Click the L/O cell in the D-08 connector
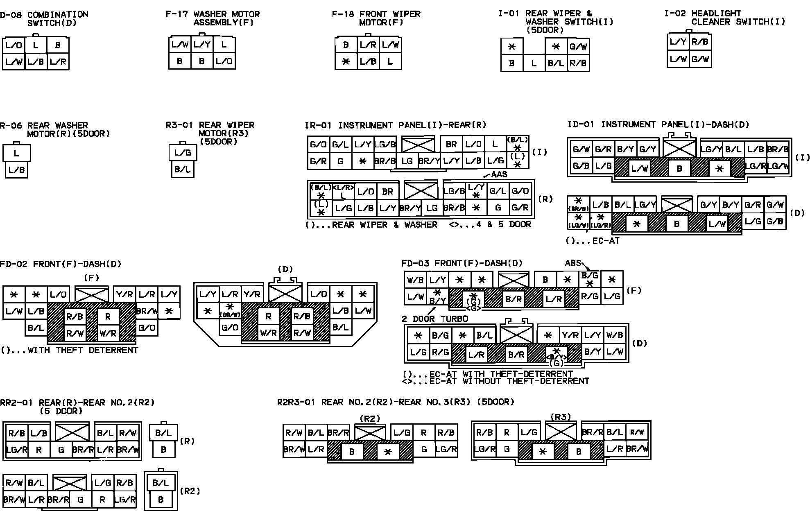tap(14, 45)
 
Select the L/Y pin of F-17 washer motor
tap(202, 45)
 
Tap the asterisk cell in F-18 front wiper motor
tap(346, 62)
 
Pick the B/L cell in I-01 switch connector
tap(556, 64)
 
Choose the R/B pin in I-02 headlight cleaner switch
tap(700, 42)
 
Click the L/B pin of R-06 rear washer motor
tap(16, 170)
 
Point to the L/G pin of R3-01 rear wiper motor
tap(183, 153)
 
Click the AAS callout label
tap(499, 174)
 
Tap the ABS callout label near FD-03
tap(573, 263)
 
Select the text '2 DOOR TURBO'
tap(435, 319)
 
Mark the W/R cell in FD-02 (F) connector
tap(108, 334)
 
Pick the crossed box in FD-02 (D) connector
tap(285, 294)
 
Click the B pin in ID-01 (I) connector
tap(679, 168)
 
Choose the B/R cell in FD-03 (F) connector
tap(513, 299)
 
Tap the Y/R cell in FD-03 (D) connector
tap(570, 336)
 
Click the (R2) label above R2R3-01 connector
tap(369, 418)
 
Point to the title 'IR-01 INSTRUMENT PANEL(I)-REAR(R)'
tap(395, 125)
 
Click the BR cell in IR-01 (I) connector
tap(451, 144)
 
